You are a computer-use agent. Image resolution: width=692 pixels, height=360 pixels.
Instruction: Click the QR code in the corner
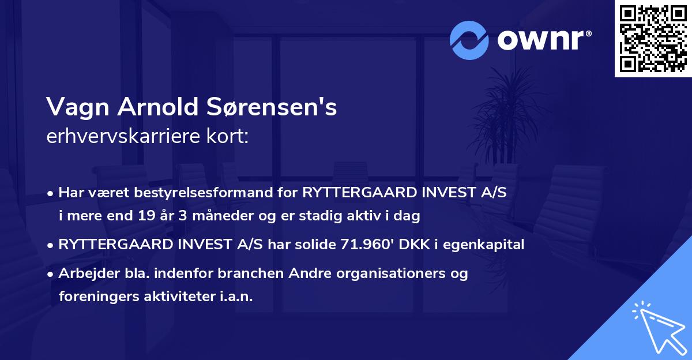653,38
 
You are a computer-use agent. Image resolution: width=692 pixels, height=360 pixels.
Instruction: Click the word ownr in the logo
540,40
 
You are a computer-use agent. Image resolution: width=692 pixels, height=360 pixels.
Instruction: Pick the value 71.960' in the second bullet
360,245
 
